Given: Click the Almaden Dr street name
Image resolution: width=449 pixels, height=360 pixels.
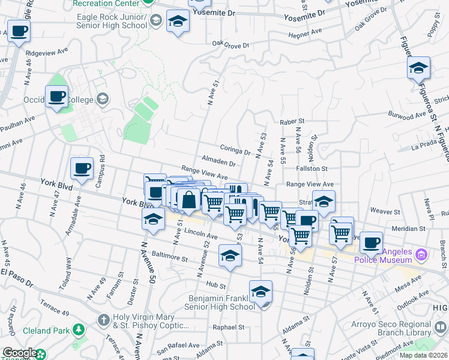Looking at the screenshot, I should (218, 163).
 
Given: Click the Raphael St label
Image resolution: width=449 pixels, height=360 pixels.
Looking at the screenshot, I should (229, 328).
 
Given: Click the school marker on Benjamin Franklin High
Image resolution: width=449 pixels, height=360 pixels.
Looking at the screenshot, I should (261, 292).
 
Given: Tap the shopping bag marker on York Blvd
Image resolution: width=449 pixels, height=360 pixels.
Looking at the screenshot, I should (188, 200).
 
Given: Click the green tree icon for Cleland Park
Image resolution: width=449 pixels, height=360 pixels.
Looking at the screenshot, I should (78, 329).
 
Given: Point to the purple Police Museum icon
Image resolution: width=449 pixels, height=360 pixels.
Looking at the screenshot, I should (421, 255).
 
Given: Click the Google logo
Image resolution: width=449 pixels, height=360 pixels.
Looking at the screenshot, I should (20, 353).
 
